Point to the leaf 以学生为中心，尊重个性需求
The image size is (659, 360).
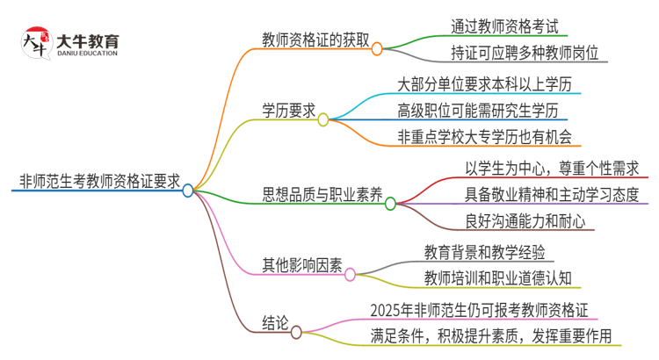[x=552, y=167]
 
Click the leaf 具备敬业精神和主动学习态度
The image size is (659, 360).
[x=552, y=193]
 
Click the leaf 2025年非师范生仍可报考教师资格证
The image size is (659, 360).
[x=479, y=309]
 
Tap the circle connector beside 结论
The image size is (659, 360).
[x=296, y=332]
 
